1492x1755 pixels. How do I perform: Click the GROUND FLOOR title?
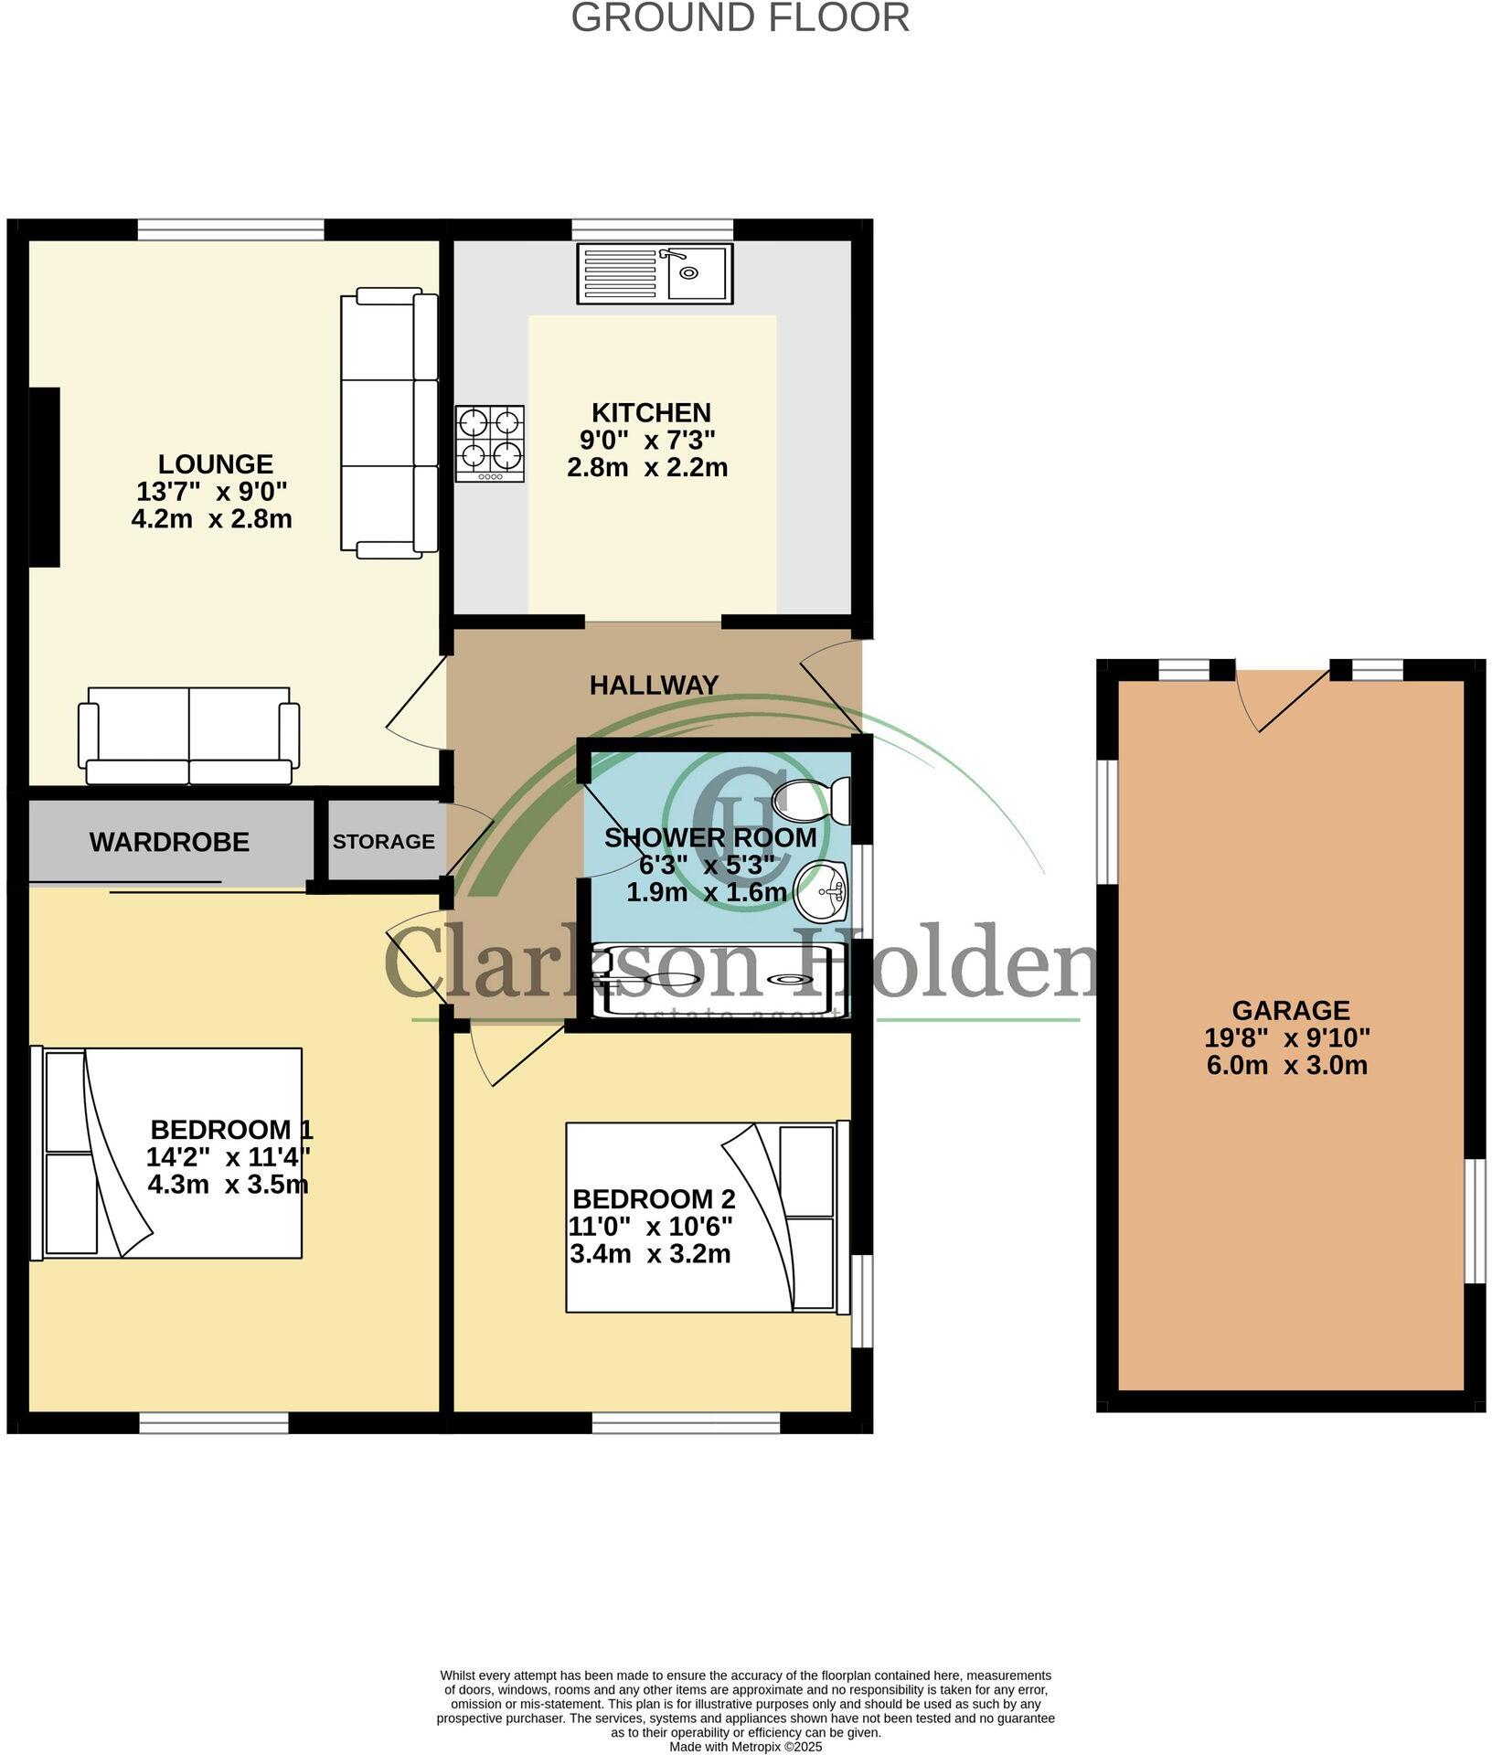(x=740, y=18)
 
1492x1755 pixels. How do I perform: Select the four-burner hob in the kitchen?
(x=490, y=443)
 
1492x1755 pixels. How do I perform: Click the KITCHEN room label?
(x=650, y=412)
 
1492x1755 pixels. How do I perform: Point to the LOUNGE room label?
(x=215, y=464)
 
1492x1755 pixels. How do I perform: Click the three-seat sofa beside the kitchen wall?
(x=389, y=421)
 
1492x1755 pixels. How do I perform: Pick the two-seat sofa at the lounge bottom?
(x=189, y=736)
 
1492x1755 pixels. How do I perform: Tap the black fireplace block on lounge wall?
(x=45, y=477)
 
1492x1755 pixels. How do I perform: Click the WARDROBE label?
(x=169, y=842)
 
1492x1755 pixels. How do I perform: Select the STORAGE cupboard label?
(x=383, y=841)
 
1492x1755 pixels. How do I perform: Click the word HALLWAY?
(x=654, y=685)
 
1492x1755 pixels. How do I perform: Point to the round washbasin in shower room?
(x=821, y=890)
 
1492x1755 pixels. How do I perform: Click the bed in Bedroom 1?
(x=166, y=1153)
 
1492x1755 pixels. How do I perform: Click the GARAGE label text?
(x=1290, y=1010)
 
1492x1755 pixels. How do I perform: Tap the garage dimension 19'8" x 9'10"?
(x=1287, y=1037)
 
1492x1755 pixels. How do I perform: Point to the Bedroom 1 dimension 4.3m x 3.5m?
(x=228, y=1185)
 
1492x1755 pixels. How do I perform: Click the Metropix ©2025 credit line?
(x=745, y=1747)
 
